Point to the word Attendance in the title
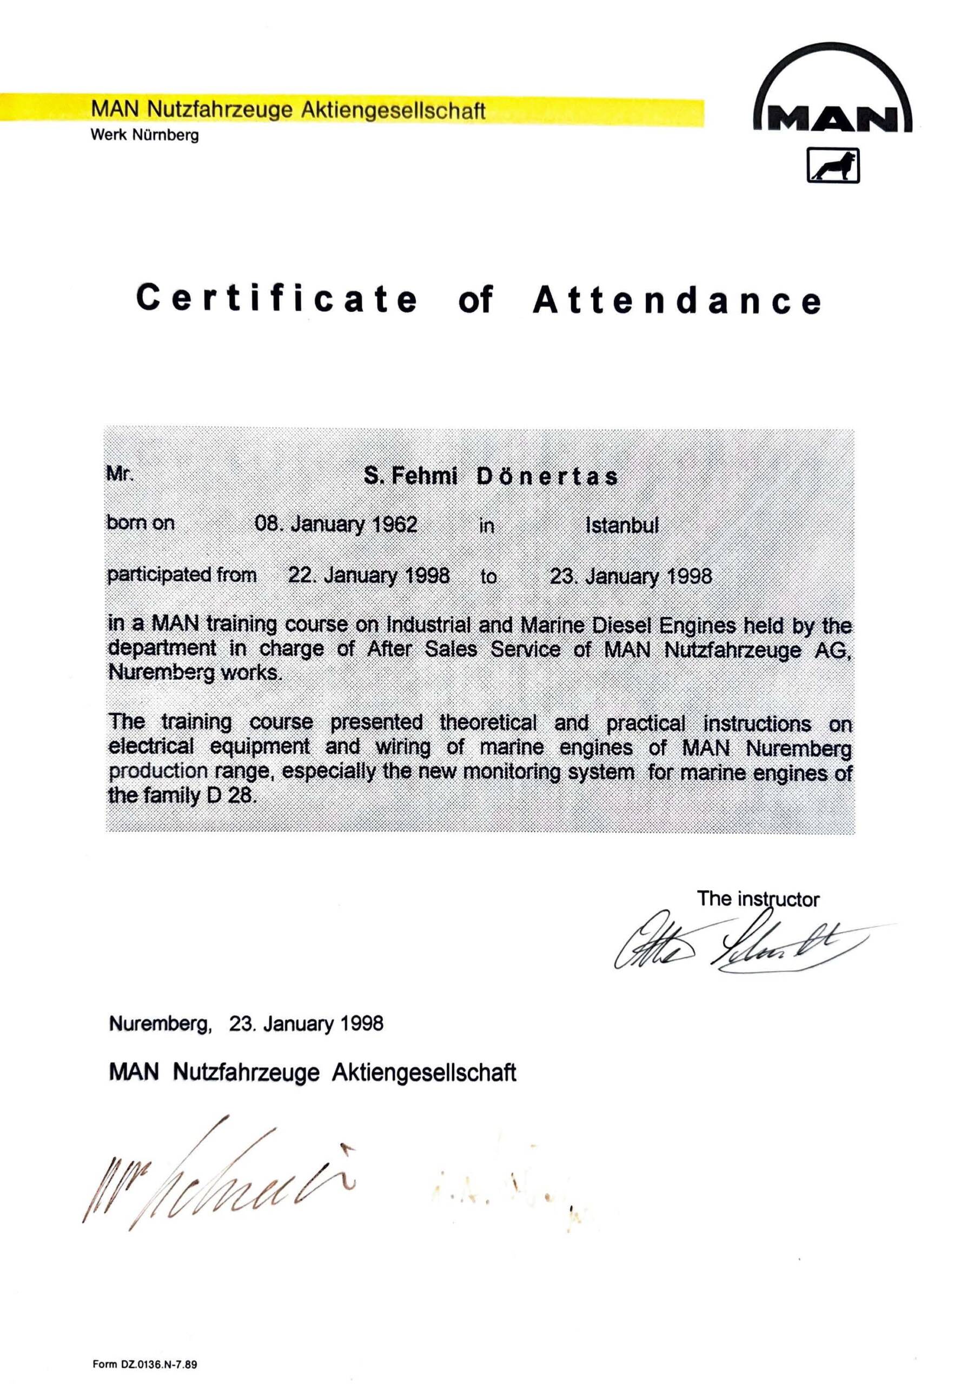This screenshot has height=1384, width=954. pyautogui.click(x=677, y=300)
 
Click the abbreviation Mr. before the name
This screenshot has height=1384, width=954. pyautogui.click(x=120, y=475)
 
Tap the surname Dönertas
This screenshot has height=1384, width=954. pyautogui.click(x=546, y=477)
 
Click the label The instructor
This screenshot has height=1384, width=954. pyautogui.click(x=758, y=899)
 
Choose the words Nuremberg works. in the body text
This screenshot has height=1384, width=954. pyautogui.click(x=194, y=673)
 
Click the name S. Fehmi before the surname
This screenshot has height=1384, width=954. pyautogui.click(x=410, y=476)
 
